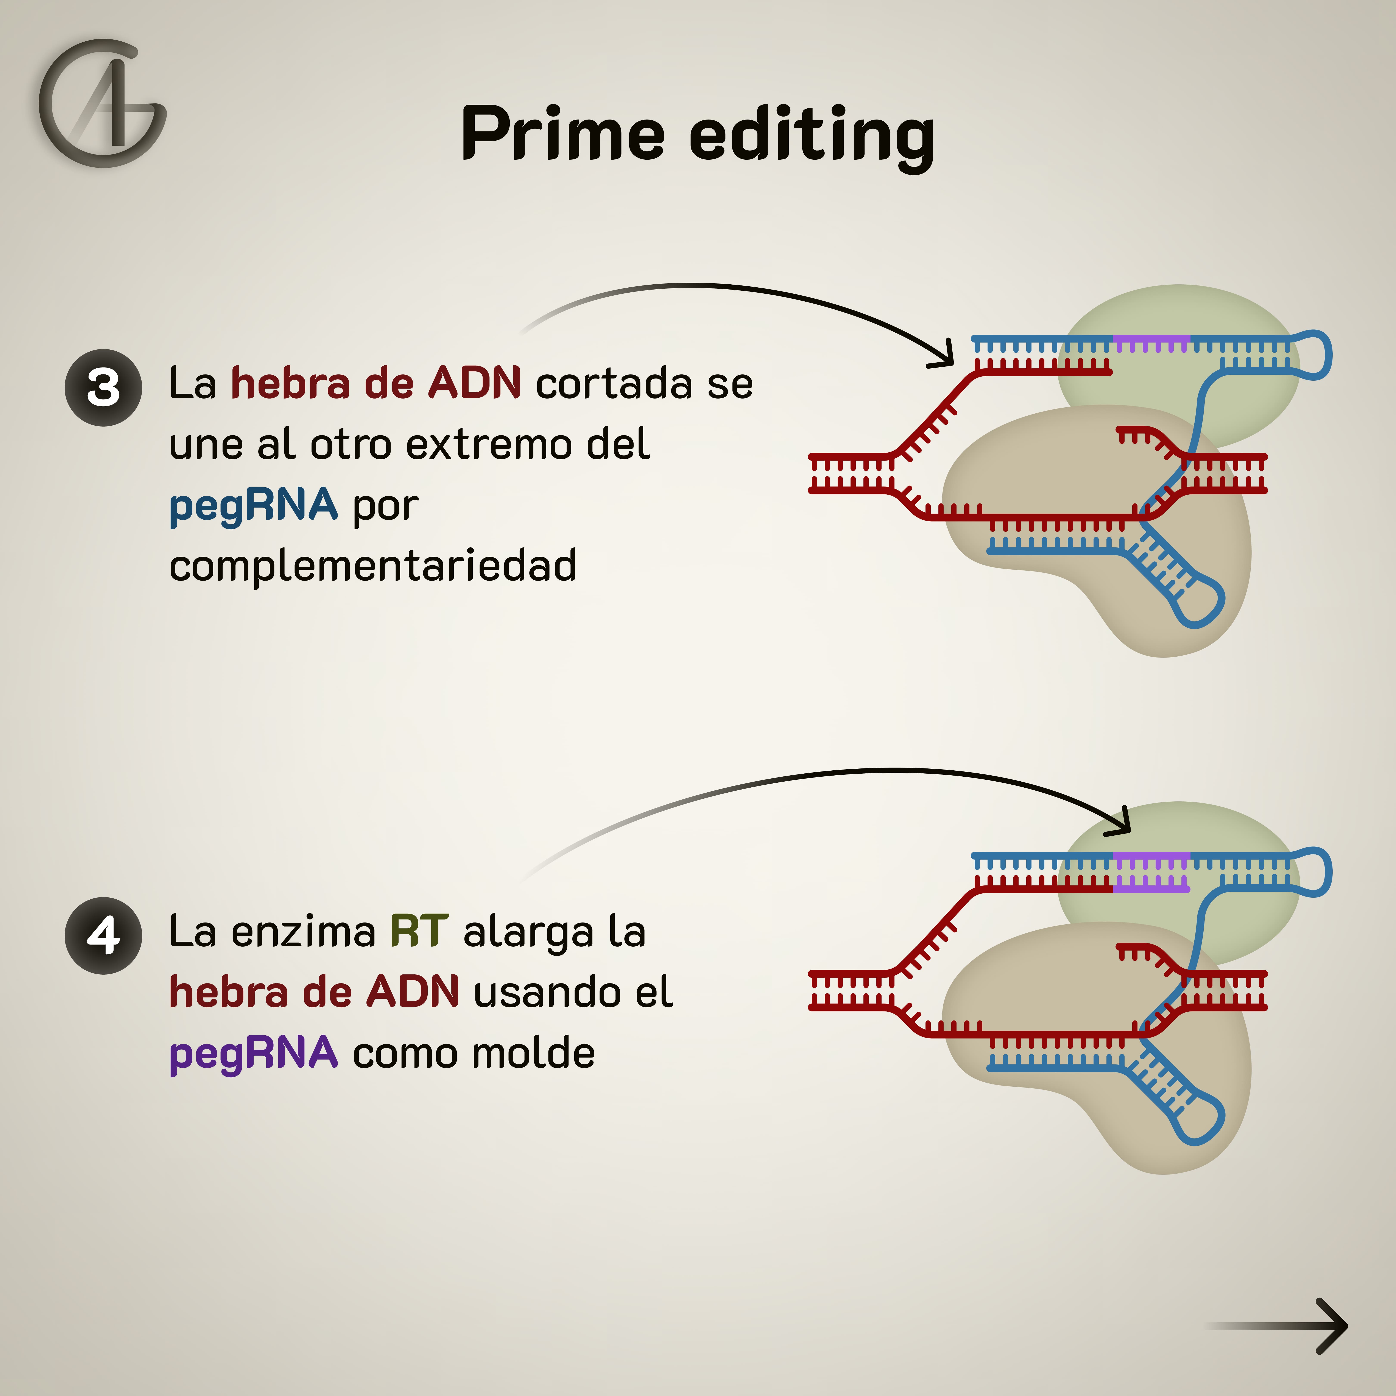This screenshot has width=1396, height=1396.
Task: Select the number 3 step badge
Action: click(103, 388)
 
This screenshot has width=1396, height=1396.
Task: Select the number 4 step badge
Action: click(103, 936)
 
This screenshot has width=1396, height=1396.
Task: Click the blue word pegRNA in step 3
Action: click(253, 505)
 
